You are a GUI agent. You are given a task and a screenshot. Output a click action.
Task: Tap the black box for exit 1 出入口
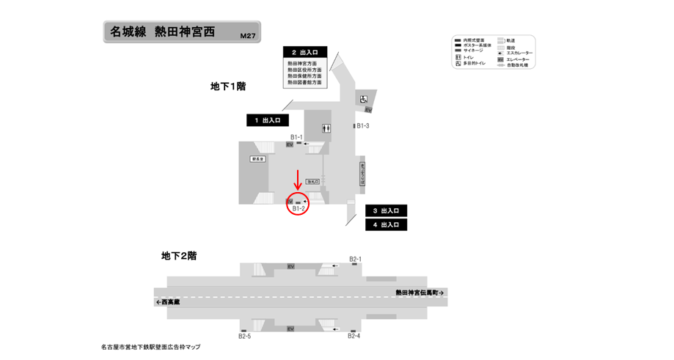[x=268, y=120]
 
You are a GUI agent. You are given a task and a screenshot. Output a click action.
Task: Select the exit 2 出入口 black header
[x=304, y=53]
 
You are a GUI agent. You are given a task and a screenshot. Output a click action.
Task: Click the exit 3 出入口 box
[x=386, y=211]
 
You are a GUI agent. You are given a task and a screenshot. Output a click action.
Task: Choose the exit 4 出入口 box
[x=386, y=225]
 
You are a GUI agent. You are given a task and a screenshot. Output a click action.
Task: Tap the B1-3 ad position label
[x=362, y=126]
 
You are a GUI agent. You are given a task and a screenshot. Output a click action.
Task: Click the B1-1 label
[x=296, y=137]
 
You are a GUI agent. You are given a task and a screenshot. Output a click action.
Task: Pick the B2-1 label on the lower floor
[x=355, y=259]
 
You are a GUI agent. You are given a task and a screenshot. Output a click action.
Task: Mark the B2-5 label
[x=244, y=337]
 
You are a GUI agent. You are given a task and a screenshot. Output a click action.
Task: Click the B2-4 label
[x=354, y=337]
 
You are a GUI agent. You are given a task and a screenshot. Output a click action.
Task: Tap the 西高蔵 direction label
[x=168, y=302]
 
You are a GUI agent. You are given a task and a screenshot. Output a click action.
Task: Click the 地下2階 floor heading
[x=179, y=256]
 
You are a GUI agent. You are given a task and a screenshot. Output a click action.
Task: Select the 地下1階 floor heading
[x=227, y=87]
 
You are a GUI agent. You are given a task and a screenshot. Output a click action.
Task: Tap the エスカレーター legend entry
[x=519, y=53]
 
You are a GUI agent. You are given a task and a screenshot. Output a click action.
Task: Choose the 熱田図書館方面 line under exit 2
[x=304, y=83]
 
